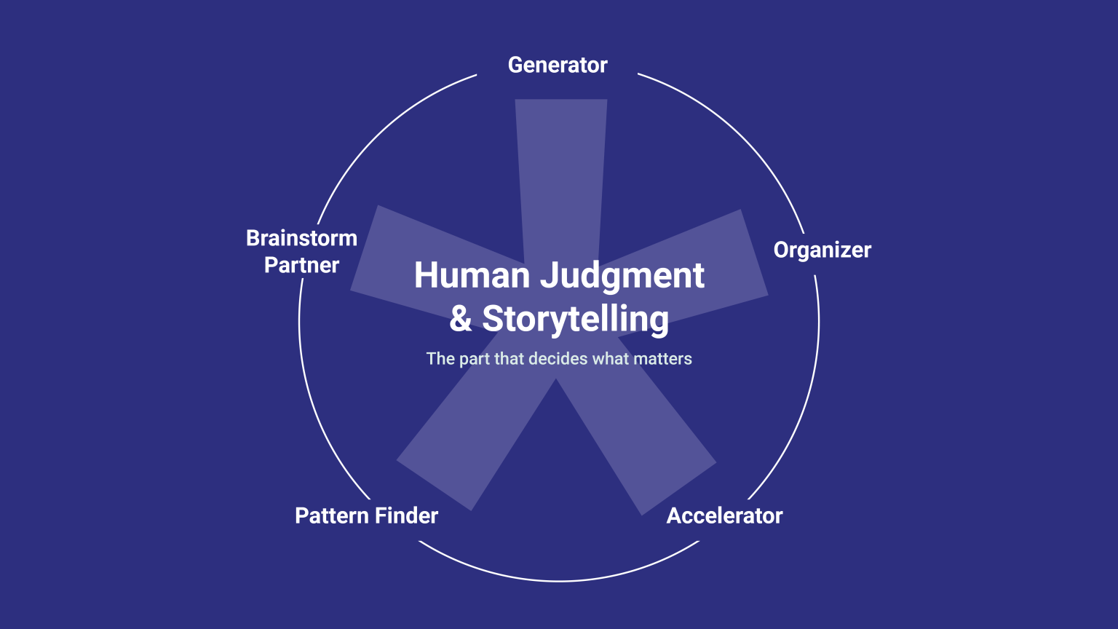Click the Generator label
click(558, 66)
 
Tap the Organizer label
click(822, 250)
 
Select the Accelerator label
click(725, 515)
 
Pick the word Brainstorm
click(301, 238)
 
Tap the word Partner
click(301, 265)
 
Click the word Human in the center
click(472, 275)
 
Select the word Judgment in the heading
click(622, 276)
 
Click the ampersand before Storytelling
click(460, 319)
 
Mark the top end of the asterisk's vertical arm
click(561, 100)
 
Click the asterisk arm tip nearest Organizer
click(754, 253)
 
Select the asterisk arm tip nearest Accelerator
click(679, 488)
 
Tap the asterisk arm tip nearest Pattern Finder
click(434, 485)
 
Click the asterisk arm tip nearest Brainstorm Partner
click(365, 248)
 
